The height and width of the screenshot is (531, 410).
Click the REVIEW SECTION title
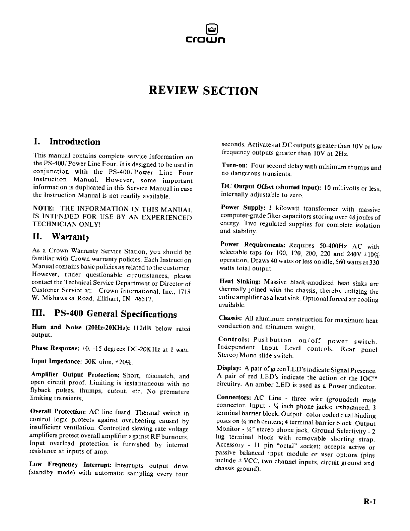coord(203,91)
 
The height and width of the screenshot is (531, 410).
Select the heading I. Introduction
coord(67,142)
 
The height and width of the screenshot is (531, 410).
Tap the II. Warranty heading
coord(61,237)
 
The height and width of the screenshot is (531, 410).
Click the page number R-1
coord(370,502)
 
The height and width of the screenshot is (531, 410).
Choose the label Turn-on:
coord(235,166)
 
